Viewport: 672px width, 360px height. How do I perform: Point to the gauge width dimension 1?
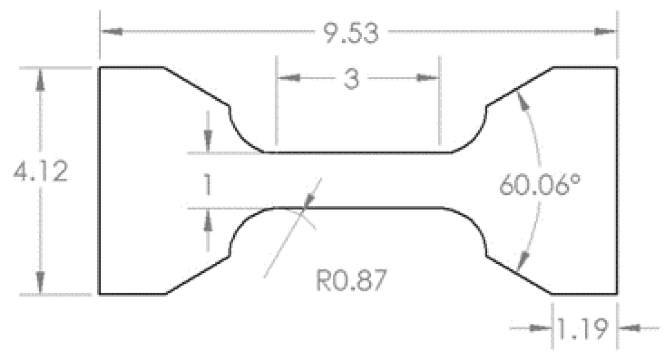click(207, 185)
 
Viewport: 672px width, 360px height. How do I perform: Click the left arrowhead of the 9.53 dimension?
click(111, 32)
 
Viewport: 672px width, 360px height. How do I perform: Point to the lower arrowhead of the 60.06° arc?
click(524, 258)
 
